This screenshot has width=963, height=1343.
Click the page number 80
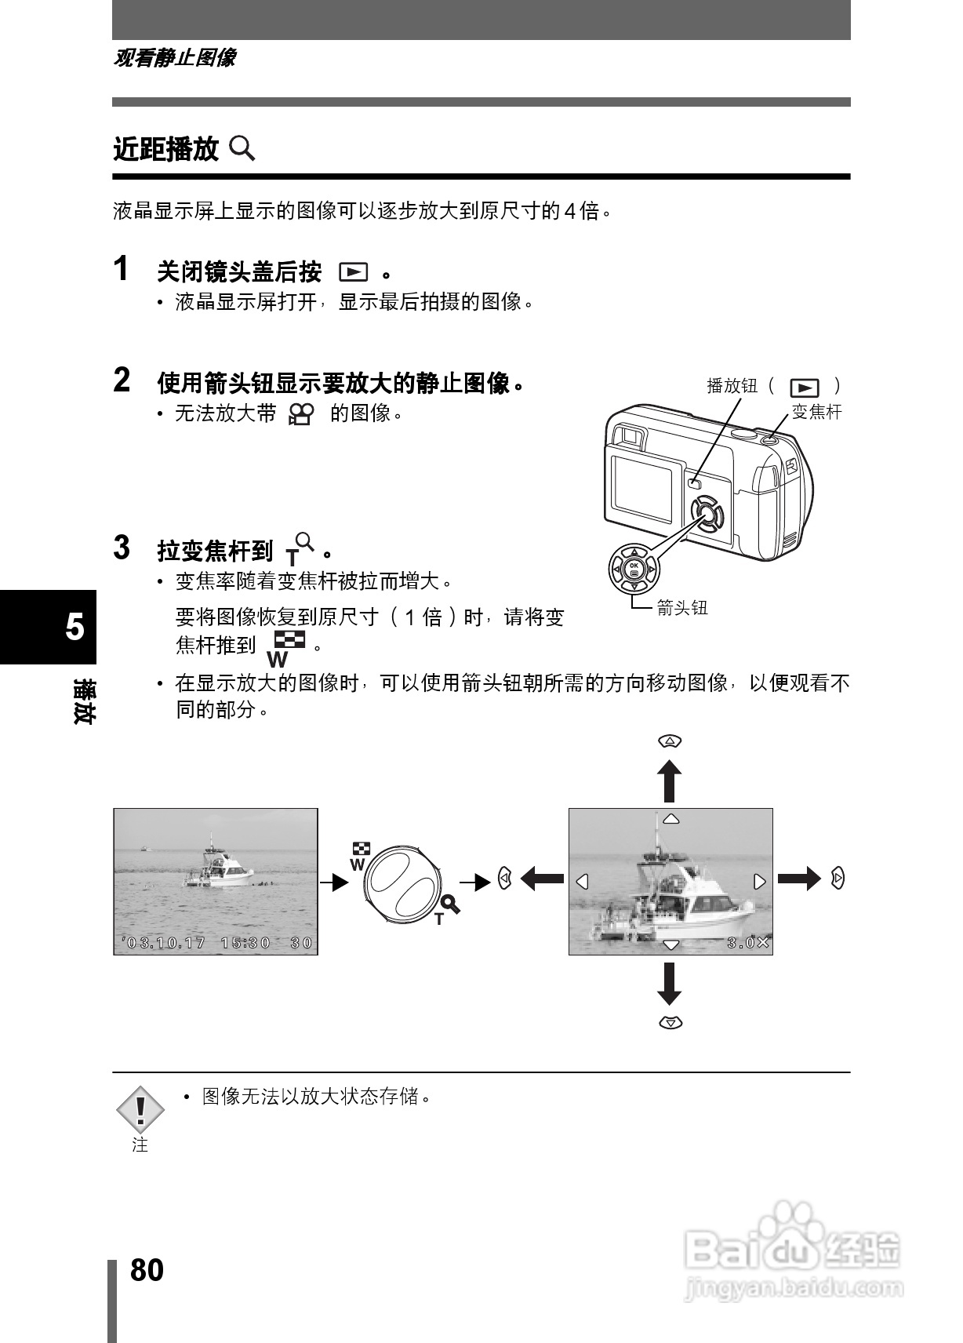[147, 1269]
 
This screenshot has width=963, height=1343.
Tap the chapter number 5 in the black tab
[74, 627]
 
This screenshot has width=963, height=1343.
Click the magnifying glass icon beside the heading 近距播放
[242, 147]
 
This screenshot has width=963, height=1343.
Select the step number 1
[121, 269]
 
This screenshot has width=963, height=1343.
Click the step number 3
[122, 548]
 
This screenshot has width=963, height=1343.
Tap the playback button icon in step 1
[353, 272]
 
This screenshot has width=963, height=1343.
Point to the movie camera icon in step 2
[301, 413]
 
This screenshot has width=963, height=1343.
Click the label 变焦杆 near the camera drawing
[816, 412]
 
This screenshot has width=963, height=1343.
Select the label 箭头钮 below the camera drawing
[681, 607]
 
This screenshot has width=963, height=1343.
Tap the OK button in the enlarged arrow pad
[634, 568]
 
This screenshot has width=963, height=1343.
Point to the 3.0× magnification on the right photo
[748, 943]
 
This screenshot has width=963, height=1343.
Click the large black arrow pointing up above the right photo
[669, 780]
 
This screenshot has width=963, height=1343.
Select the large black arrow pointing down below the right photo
[669, 984]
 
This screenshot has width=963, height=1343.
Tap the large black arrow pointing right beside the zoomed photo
[798, 879]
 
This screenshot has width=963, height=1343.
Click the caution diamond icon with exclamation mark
[140, 1109]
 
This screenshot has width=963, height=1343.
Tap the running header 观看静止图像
[174, 58]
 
